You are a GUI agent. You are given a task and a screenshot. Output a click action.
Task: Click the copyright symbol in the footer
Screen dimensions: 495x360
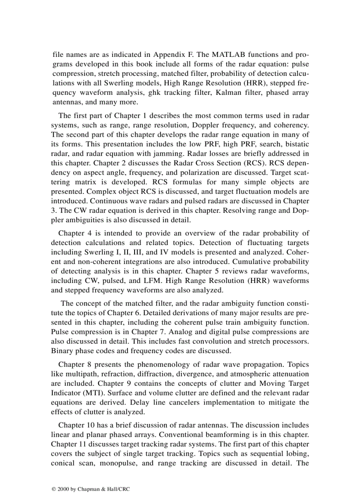tap(53, 489)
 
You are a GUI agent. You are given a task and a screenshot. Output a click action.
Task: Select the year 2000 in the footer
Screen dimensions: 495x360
tap(62, 489)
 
